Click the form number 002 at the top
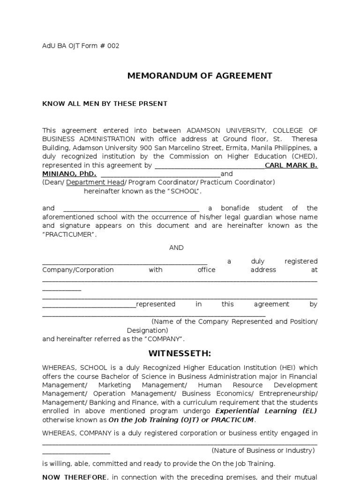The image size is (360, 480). (113, 46)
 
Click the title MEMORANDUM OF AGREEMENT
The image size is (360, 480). (200, 76)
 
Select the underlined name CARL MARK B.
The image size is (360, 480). (291, 165)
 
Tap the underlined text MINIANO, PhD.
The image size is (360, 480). (69, 174)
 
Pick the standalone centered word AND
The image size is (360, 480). (176, 247)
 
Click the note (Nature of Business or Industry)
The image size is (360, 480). (263, 450)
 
